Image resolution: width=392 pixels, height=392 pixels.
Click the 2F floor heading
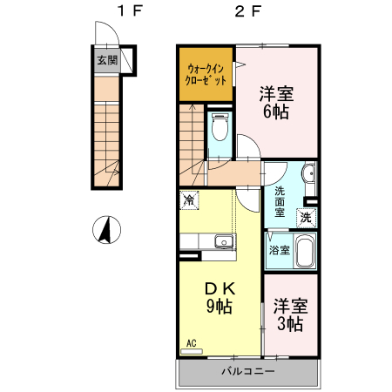click(248, 12)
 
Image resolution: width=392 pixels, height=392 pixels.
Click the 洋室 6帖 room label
click(275, 101)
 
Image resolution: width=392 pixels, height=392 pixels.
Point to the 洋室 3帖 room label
click(290, 314)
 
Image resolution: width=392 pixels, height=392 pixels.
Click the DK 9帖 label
click(218, 297)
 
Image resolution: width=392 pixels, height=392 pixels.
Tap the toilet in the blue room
click(220, 129)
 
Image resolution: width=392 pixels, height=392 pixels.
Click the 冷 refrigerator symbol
click(189, 200)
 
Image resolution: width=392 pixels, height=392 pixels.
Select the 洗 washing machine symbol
click(306, 218)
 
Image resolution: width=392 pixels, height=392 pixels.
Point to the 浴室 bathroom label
click(279, 250)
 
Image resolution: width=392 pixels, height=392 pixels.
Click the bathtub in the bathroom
click(304, 252)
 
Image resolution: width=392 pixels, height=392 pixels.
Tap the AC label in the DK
click(191, 343)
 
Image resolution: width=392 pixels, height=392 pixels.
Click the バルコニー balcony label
click(247, 372)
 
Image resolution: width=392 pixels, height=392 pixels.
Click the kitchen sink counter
click(208, 241)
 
